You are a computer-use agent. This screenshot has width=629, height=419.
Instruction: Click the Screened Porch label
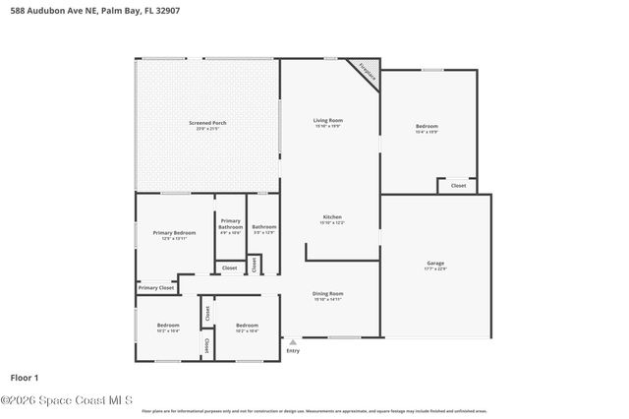[x=207, y=123]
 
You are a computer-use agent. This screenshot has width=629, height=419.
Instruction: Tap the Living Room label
[x=328, y=120]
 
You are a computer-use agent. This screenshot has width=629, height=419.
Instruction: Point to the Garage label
[x=434, y=263]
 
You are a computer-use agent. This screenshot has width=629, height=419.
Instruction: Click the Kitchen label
[x=332, y=216]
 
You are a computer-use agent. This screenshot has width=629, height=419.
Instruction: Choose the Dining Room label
[x=328, y=293]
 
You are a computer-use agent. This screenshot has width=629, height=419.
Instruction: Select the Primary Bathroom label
[x=230, y=223]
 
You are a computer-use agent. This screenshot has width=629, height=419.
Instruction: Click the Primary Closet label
[x=156, y=287]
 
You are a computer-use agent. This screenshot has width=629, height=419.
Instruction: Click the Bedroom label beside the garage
[x=427, y=126]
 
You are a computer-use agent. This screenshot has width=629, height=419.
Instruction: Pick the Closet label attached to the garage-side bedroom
[x=458, y=185]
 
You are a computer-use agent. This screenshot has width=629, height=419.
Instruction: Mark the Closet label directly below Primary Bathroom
[x=229, y=268]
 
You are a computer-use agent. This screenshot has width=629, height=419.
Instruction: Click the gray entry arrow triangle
[x=292, y=342]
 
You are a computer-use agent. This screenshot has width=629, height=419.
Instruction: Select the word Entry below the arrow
[x=292, y=351]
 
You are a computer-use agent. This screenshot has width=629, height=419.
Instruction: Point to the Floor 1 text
[x=25, y=377]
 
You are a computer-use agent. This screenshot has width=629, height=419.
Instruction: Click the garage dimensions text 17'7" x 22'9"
[x=434, y=269]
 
